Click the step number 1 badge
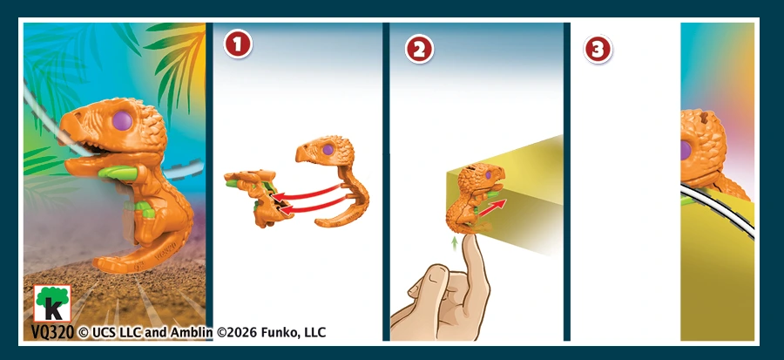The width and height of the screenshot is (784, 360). click(x=238, y=45)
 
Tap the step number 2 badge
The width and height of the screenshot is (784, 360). click(x=419, y=49)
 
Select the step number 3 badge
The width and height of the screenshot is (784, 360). click(x=598, y=49)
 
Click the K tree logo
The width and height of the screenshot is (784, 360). click(x=52, y=303)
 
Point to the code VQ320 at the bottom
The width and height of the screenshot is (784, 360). click(x=52, y=332)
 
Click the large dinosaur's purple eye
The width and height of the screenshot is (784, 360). click(x=123, y=121)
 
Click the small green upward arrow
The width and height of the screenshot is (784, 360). click(x=455, y=243)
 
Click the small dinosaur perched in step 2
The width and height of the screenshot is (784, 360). click(x=475, y=198)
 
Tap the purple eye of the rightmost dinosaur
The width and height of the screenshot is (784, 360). click(x=686, y=151)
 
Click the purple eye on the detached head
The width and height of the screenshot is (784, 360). click(x=328, y=149)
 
